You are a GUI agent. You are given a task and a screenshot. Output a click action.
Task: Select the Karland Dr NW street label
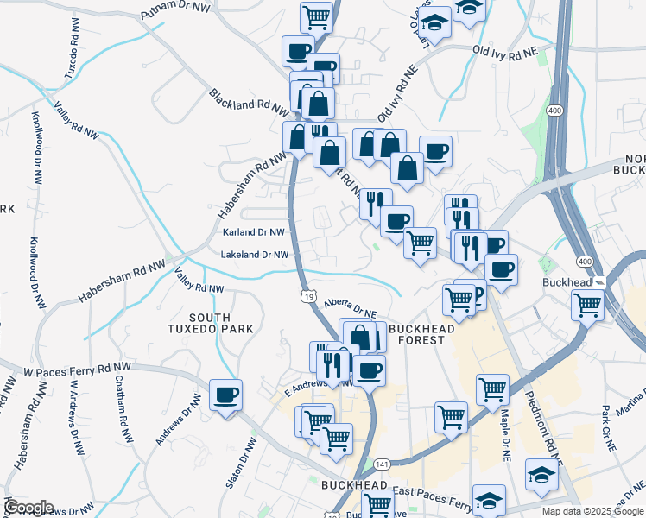coord(253,232)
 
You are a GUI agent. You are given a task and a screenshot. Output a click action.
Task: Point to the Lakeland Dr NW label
coord(254,255)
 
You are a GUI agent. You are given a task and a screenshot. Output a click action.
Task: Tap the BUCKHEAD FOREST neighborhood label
coord(416,334)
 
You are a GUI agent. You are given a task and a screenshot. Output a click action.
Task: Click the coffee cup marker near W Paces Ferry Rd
coord(226,395)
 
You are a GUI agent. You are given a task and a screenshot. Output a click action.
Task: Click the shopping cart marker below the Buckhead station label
coord(588,304)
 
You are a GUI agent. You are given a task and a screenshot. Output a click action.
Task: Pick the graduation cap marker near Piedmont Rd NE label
coord(541,475)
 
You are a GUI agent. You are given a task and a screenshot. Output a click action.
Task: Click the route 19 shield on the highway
coord(308,297)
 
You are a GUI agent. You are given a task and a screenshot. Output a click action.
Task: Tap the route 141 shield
coord(383,464)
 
